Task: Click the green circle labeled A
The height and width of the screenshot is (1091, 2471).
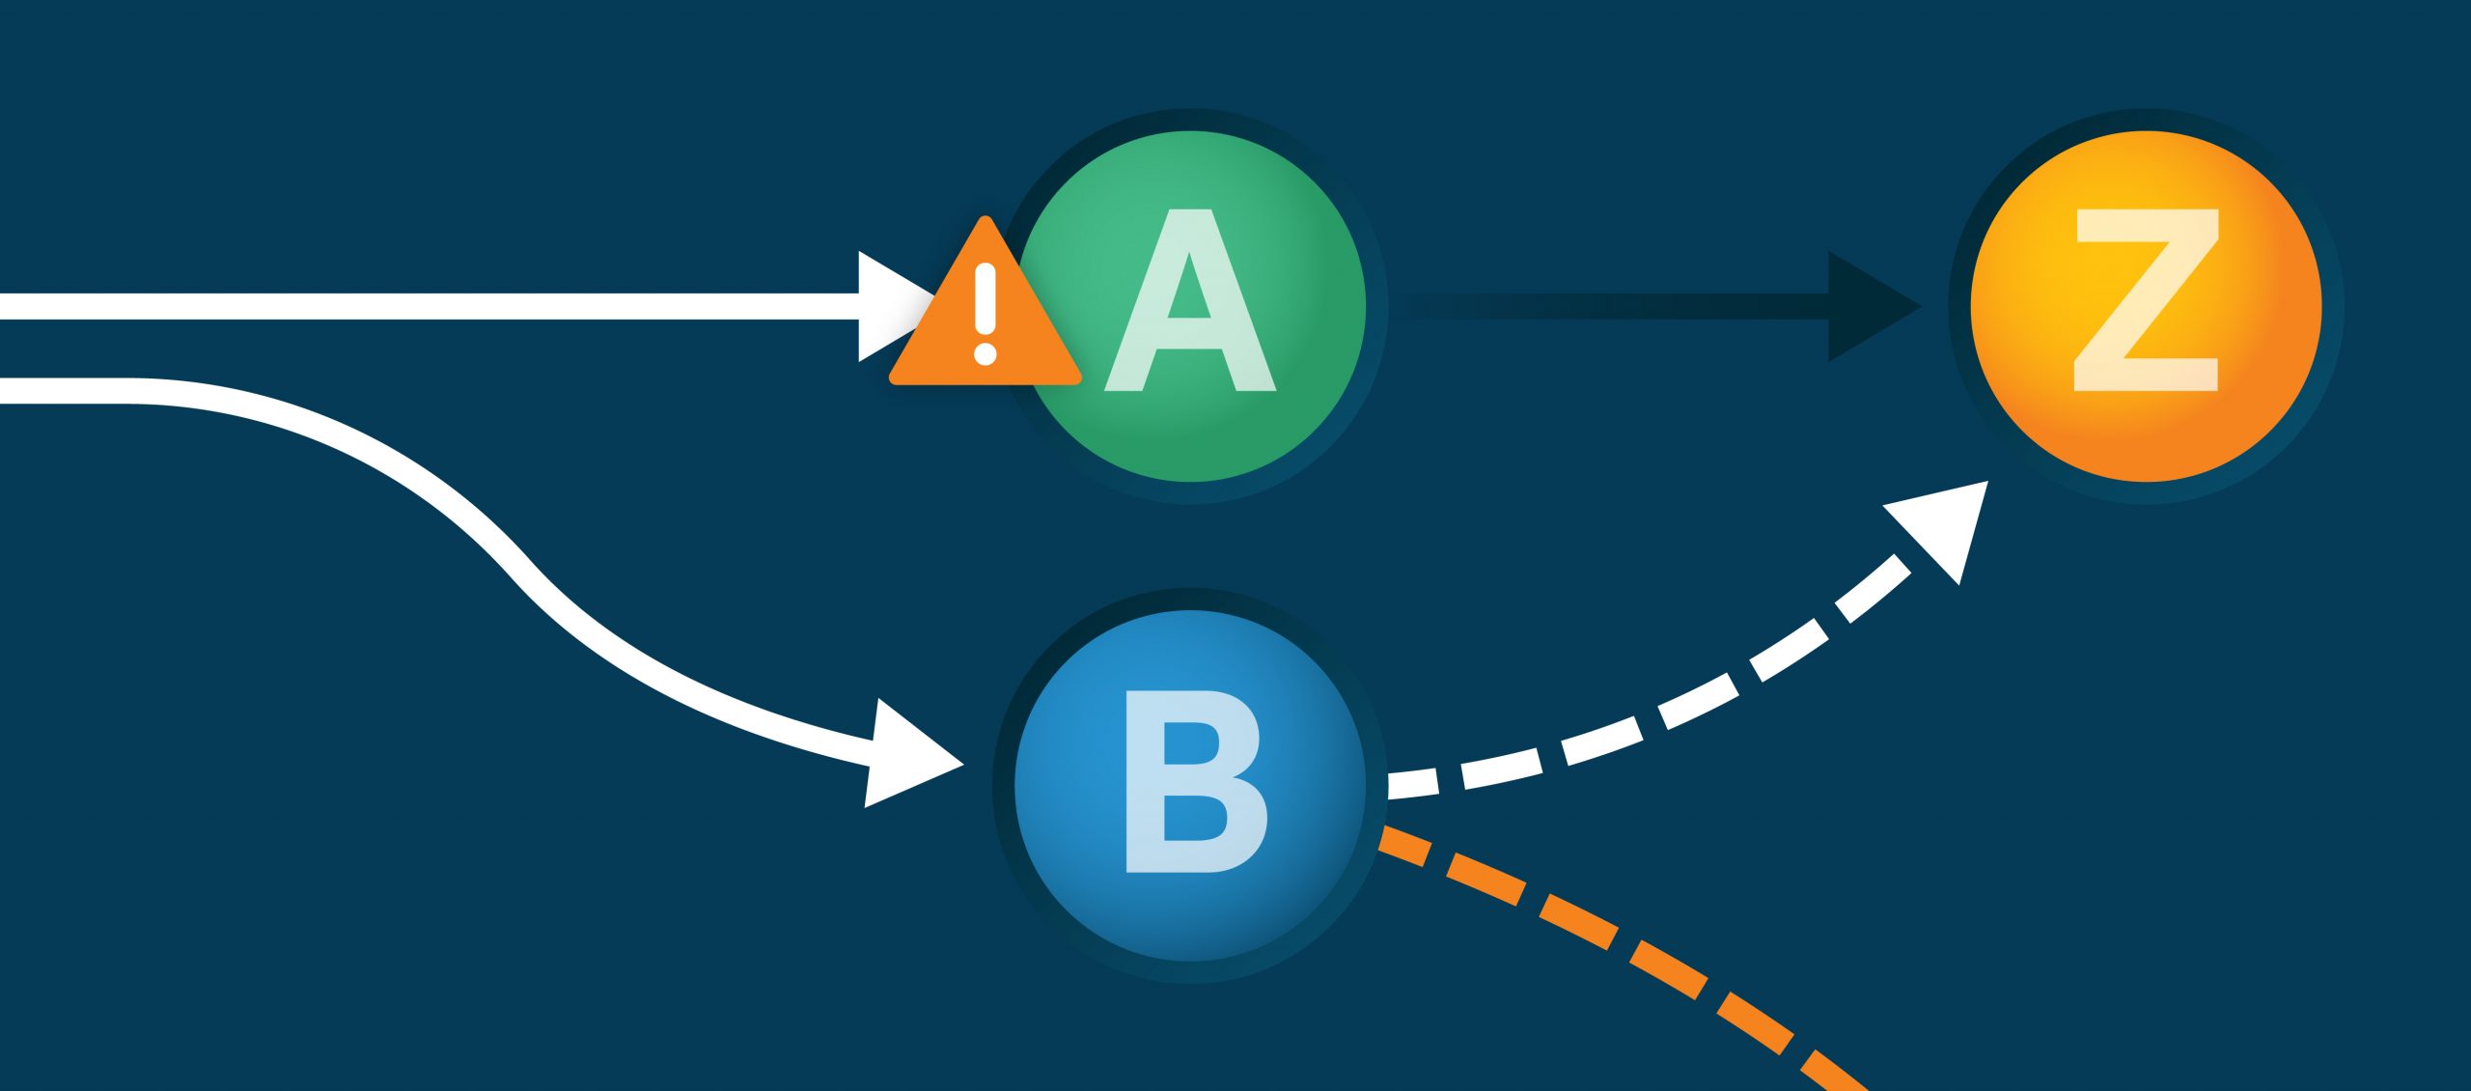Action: point(1255,425)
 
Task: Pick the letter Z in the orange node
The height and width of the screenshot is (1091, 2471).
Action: point(2147,300)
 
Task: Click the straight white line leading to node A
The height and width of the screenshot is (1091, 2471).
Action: point(434,306)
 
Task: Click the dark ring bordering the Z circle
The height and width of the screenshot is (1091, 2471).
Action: point(2147,493)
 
